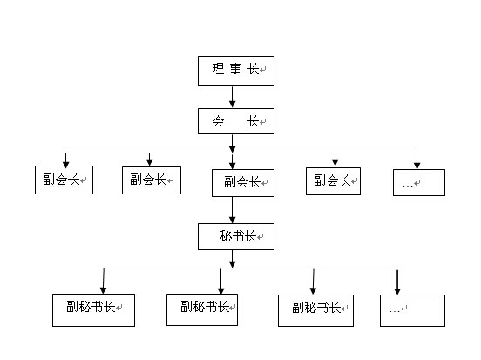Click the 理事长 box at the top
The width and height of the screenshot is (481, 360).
[x=235, y=70]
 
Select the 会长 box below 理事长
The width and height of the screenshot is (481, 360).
[x=235, y=121]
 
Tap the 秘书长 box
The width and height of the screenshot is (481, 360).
[x=235, y=236]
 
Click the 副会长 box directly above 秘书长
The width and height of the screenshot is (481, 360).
[x=242, y=182]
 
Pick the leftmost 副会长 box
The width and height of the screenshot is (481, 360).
[x=64, y=180]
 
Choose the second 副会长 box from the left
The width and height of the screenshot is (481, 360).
[x=152, y=180]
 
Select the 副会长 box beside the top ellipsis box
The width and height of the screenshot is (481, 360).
[x=333, y=180]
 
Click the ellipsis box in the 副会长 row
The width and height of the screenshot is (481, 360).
[x=418, y=182]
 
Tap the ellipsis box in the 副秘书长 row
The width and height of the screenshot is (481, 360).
[x=412, y=309]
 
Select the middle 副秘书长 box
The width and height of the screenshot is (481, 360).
[x=202, y=309]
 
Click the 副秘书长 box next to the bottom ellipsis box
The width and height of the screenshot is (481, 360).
[x=317, y=309]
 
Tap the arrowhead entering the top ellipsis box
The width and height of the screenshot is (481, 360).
[x=417, y=165]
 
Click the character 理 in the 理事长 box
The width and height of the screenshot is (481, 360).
[x=217, y=69]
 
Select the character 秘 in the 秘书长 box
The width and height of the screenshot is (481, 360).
[x=228, y=235]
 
